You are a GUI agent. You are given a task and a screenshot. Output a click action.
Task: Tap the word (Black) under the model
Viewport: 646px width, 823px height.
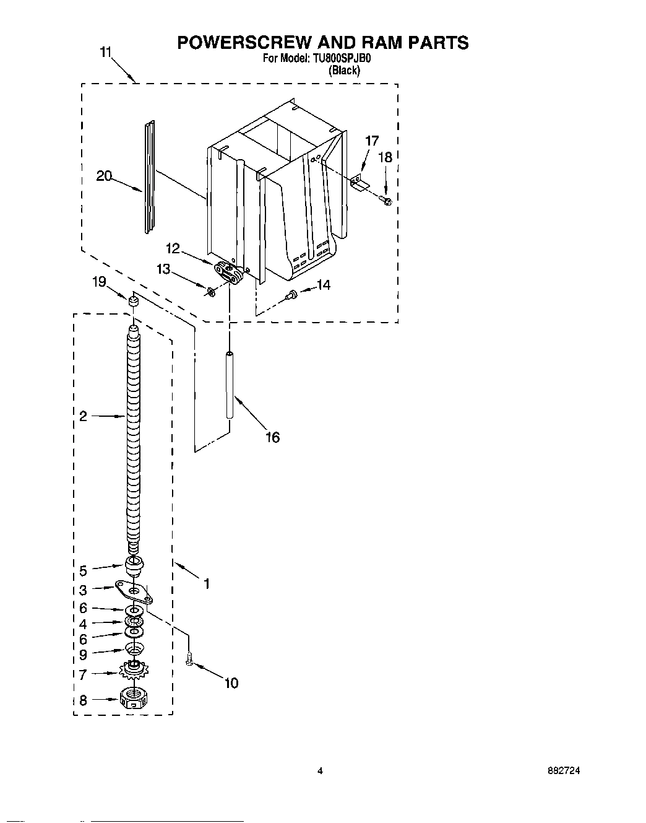pos(343,71)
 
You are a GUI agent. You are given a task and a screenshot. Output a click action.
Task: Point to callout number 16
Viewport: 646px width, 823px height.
pos(272,437)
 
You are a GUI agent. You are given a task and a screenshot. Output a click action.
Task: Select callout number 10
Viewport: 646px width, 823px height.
pos(231,683)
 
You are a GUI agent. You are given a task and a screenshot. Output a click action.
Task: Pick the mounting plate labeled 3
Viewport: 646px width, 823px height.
pos(135,591)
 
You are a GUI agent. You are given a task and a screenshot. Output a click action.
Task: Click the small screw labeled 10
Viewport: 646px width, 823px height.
pos(190,661)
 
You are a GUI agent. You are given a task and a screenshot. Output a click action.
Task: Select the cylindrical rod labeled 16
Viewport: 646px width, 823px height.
pos(229,385)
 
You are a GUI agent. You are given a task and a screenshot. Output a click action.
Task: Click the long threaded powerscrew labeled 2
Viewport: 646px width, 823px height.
pos(134,433)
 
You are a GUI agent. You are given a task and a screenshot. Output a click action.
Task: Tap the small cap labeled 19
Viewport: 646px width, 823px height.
pos(132,301)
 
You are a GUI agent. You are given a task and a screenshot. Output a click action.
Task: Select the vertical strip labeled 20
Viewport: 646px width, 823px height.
pos(149,178)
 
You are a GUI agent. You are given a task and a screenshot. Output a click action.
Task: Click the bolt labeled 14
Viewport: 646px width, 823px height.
pos(291,297)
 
